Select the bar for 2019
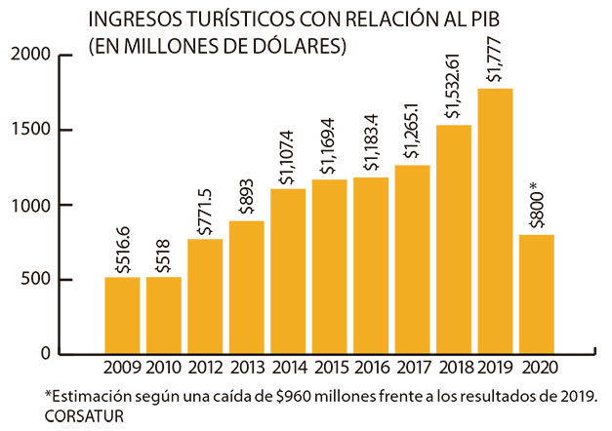pyautogui.click(x=496, y=220)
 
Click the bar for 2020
pyautogui.click(x=538, y=294)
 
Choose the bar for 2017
pyautogui.click(x=413, y=258)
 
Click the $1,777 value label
pyautogui.click(x=496, y=60)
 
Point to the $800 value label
pyautogui.click(x=536, y=204)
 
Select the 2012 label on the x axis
pyautogui.click(x=205, y=369)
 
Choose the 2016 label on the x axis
pyautogui.click(x=372, y=369)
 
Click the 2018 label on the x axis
pyautogui.click(x=455, y=369)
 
